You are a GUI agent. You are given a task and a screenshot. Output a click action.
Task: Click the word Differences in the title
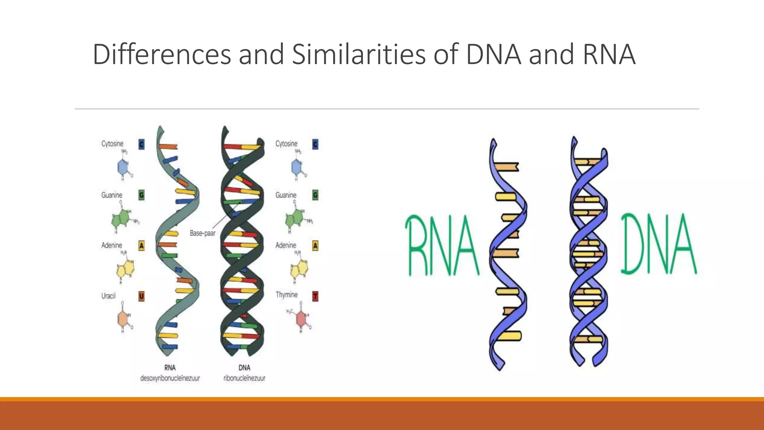[x=162, y=54]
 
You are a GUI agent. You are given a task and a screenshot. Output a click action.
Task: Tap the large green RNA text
[x=442, y=245]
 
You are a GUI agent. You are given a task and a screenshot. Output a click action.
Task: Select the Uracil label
[x=109, y=296]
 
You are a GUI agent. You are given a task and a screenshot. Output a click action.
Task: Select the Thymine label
[x=286, y=295]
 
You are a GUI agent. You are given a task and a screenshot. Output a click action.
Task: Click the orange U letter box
[x=141, y=296]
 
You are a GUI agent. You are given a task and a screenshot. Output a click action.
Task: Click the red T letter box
[x=315, y=297]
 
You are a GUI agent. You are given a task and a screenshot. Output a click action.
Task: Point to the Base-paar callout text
[x=203, y=233]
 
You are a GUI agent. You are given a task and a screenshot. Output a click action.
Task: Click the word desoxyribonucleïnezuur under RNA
[x=170, y=378]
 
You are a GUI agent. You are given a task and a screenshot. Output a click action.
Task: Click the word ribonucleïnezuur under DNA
[x=244, y=378]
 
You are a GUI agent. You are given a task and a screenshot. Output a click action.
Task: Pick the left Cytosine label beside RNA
[x=112, y=144]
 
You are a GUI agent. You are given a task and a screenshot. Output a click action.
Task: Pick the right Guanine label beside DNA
[x=286, y=195]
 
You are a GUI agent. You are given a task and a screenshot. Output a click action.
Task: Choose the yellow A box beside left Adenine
[x=141, y=246]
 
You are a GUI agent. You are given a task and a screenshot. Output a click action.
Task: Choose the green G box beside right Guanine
[x=315, y=195]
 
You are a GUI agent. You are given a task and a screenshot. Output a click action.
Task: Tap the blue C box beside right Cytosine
[x=315, y=144]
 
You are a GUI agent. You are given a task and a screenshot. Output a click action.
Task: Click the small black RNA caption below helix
[x=170, y=368]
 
